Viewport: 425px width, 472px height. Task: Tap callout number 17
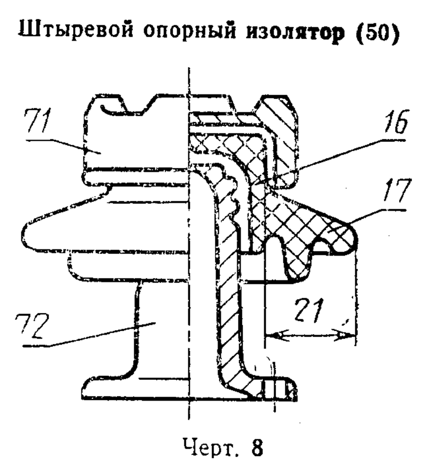coord(396,190)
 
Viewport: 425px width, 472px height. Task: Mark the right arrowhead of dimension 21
coord(347,335)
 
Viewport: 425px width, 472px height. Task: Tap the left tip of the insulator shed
coord(24,235)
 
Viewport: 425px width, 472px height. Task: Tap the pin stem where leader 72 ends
coord(155,323)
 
